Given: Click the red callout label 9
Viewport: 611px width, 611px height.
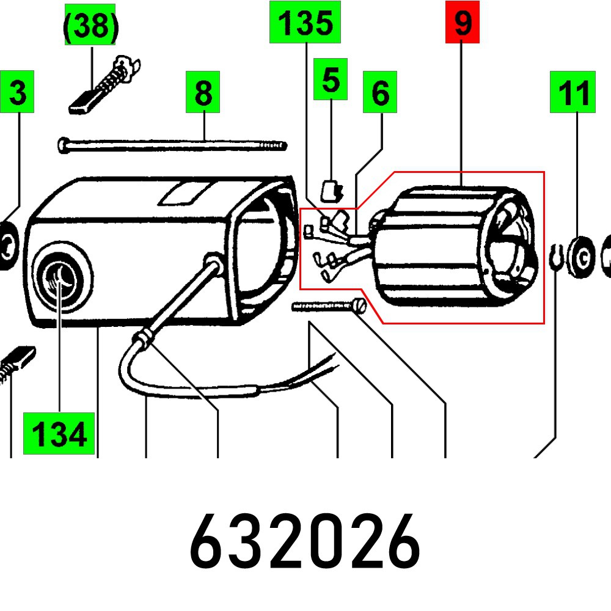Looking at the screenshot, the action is [x=462, y=22].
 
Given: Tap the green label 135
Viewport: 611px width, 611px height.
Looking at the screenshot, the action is [x=305, y=22].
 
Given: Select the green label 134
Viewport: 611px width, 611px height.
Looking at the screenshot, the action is [x=59, y=433].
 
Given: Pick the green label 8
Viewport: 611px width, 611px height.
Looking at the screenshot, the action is [x=203, y=92].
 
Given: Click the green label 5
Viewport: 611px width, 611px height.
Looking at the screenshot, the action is [x=331, y=79].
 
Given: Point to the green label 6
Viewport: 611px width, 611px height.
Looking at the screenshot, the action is [x=380, y=92].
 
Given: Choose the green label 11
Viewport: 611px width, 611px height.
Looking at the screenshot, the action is [x=573, y=92].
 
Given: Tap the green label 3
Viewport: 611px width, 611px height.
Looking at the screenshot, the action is [x=17, y=92].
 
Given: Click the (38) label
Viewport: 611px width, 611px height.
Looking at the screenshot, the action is [x=90, y=25].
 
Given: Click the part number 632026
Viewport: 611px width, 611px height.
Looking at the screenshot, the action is [x=305, y=541].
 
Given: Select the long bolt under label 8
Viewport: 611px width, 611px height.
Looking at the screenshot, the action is [x=173, y=145].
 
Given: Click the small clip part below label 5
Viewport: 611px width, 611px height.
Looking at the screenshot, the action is [x=331, y=191].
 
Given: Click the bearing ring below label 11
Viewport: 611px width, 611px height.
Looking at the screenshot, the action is [x=582, y=257].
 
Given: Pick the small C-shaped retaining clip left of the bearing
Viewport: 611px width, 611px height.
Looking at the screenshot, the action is [x=556, y=257].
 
